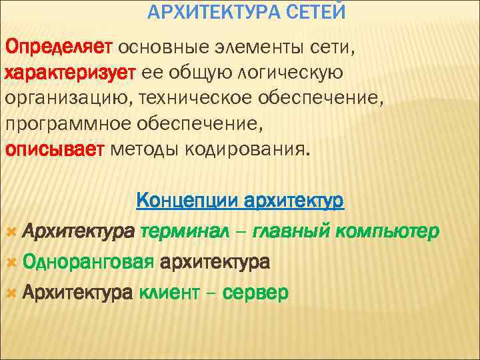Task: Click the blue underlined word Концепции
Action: (187, 200)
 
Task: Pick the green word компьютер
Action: (388, 233)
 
